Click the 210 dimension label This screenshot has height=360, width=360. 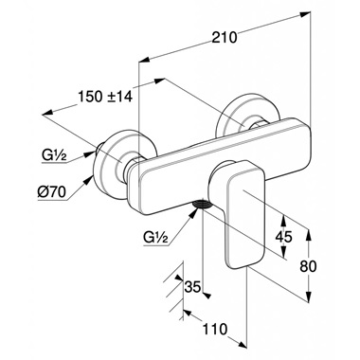224,37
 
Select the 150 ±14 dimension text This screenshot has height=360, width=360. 105,97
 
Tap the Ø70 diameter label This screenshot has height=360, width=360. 51,191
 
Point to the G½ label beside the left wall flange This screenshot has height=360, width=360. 54,156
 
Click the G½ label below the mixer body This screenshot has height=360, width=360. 155,237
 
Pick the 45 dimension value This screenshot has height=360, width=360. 284,236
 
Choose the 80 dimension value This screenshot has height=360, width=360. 308,266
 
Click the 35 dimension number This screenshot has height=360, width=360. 192,287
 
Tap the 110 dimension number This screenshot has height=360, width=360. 215,329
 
